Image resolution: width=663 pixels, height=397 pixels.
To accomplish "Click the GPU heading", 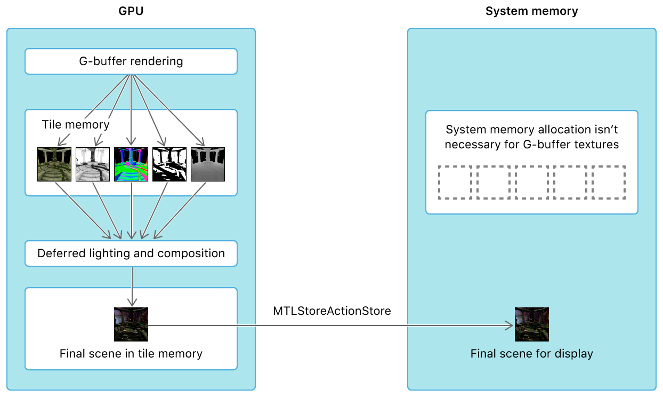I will (x=131, y=11).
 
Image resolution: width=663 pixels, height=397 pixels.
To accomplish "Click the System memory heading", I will (x=531, y=11).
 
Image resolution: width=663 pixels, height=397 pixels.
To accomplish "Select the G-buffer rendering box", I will (x=131, y=61).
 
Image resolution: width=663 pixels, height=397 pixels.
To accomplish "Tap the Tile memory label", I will (x=76, y=125).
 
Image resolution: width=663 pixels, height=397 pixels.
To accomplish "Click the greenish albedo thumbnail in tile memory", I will (x=54, y=164).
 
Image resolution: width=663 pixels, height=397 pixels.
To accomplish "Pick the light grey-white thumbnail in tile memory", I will (x=93, y=164).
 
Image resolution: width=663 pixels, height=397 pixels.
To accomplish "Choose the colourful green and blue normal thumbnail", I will (x=131, y=164).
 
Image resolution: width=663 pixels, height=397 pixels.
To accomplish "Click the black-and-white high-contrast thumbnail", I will (x=169, y=164).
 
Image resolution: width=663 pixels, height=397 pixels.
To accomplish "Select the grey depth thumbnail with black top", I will (x=208, y=164).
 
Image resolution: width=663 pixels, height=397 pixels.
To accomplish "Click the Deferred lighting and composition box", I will (x=131, y=253).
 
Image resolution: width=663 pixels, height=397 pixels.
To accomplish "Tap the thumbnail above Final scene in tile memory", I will (x=131, y=324).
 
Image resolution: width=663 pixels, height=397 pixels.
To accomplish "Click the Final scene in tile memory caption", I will (x=131, y=353).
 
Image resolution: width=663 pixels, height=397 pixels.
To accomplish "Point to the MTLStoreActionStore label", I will (x=331, y=311).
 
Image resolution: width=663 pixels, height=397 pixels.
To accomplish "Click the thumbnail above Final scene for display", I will (x=531, y=324).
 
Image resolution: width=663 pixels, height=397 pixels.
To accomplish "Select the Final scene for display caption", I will (x=531, y=353).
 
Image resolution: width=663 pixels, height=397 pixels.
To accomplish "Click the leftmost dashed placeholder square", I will (x=455, y=182).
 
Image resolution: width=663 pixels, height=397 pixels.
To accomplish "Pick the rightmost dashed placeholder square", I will (x=609, y=182).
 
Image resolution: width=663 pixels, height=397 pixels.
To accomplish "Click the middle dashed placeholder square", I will (x=531, y=182).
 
